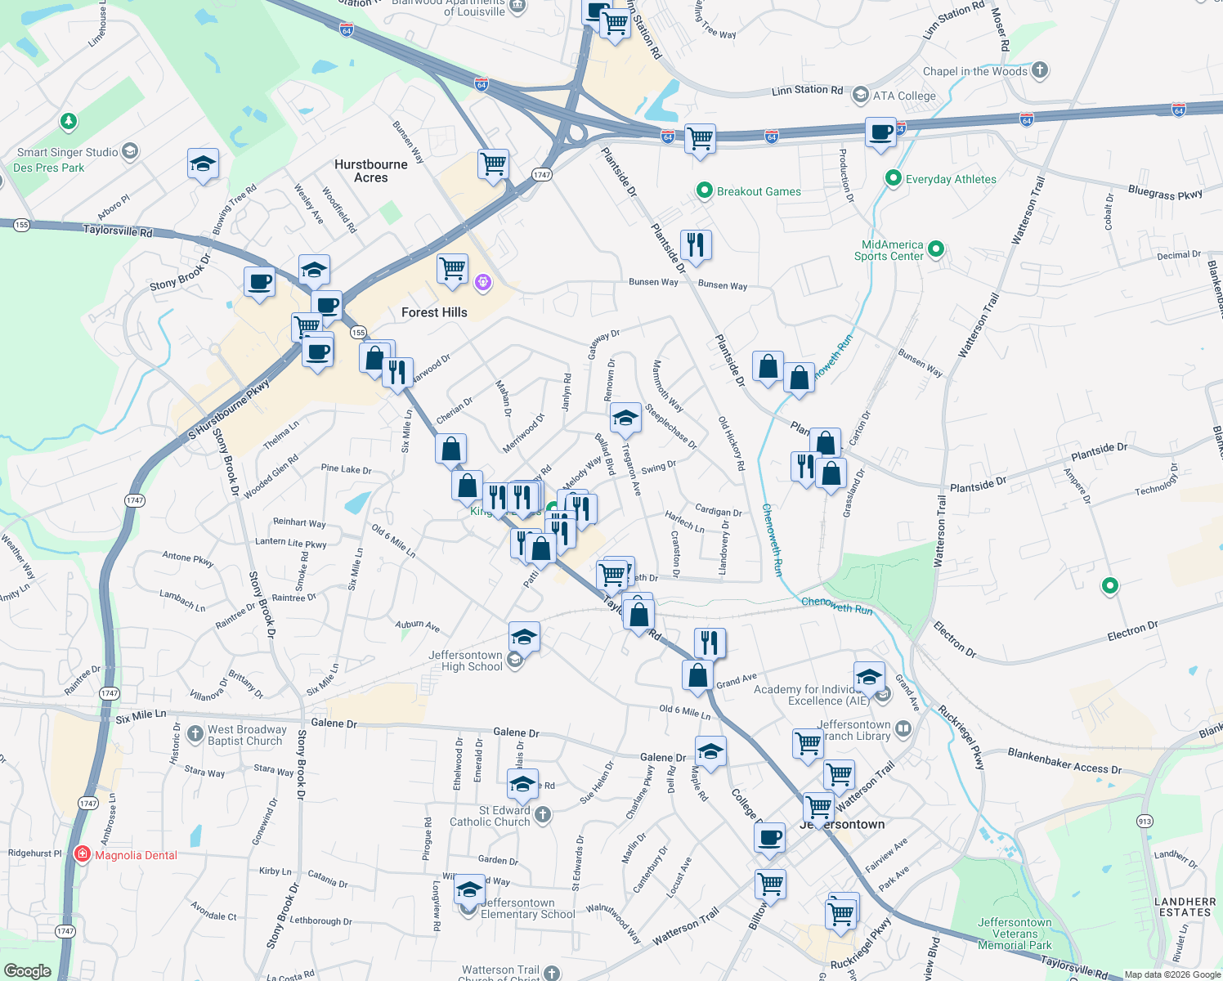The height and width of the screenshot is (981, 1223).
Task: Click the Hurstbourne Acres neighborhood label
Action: tap(370, 171)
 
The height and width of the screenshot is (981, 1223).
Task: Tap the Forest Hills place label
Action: tap(434, 312)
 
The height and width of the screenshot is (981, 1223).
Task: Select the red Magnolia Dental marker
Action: tap(82, 854)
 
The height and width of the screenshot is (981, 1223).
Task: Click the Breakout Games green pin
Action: tap(704, 190)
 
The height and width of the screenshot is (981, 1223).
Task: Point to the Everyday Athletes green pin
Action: tap(894, 178)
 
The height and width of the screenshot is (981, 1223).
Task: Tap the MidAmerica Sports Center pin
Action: tap(937, 249)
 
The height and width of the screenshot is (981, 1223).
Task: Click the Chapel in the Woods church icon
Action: tap(1040, 70)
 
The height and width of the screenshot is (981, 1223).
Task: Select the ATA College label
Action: tap(903, 96)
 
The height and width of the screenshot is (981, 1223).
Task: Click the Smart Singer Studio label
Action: tap(67, 152)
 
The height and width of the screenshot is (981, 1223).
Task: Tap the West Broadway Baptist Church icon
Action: tap(195, 733)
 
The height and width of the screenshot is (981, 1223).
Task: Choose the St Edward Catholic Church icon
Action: tap(543, 814)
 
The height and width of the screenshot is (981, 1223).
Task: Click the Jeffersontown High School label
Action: tap(466, 661)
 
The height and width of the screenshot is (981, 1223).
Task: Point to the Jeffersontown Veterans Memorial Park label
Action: tap(1015, 934)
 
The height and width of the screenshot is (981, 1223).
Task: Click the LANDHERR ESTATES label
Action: tap(1185, 907)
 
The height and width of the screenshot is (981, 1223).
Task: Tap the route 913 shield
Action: tap(1145, 822)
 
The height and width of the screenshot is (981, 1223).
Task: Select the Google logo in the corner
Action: tap(28, 971)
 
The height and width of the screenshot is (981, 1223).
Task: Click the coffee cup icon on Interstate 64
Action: tap(881, 132)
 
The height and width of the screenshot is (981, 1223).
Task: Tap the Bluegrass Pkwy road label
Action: tap(1165, 193)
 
